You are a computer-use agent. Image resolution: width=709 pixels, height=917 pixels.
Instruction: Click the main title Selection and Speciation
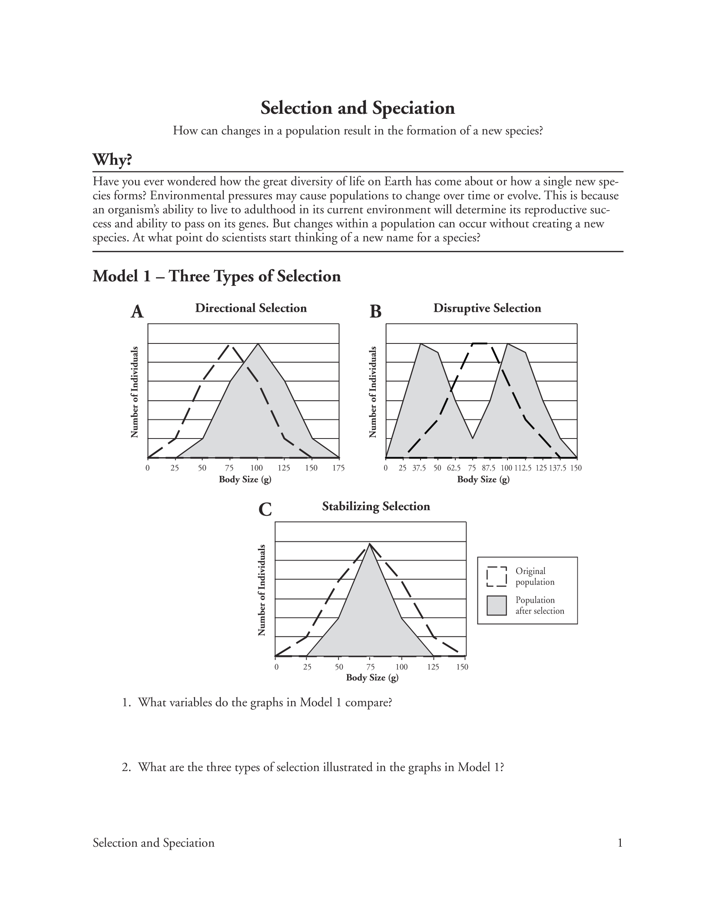coord(358,108)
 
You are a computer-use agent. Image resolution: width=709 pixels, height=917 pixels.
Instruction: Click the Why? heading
coord(112,160)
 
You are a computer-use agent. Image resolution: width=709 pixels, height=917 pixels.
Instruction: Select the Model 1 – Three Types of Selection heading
coord(217,276)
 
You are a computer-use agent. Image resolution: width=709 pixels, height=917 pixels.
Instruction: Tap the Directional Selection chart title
coord(251,308)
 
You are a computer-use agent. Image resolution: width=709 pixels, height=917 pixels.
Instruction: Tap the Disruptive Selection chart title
coord(487,308)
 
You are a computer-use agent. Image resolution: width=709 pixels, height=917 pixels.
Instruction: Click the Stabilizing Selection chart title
coord(376,506)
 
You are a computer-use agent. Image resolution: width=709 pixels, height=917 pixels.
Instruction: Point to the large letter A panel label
coord(137,312)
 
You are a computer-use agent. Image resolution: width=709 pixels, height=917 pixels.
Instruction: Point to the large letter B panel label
coord(375,312)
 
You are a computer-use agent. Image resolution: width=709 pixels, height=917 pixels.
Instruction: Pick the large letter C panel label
coord(265,510)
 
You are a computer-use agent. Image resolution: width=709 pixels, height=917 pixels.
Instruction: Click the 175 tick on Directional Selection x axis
coord(338,468)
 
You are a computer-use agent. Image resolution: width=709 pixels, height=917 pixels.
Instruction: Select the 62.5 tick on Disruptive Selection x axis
coord(454,468)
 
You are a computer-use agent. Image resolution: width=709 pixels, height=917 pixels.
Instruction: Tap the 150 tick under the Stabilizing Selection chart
coord(462,667)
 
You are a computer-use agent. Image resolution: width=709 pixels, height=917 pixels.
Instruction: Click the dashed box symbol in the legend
coord(497,577)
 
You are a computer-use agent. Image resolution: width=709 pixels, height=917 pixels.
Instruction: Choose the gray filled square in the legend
coord(497,605)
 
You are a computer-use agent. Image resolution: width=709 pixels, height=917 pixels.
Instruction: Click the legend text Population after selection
coord(539,605)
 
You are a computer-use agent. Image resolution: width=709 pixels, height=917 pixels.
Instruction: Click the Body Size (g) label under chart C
coord(372,678)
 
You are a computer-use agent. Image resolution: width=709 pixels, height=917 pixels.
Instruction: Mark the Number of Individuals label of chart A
coord(135,392)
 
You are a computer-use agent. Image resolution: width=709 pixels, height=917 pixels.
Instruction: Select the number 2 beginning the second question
coord(125,767)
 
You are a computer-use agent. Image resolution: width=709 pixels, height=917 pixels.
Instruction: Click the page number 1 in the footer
coord(620,843)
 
